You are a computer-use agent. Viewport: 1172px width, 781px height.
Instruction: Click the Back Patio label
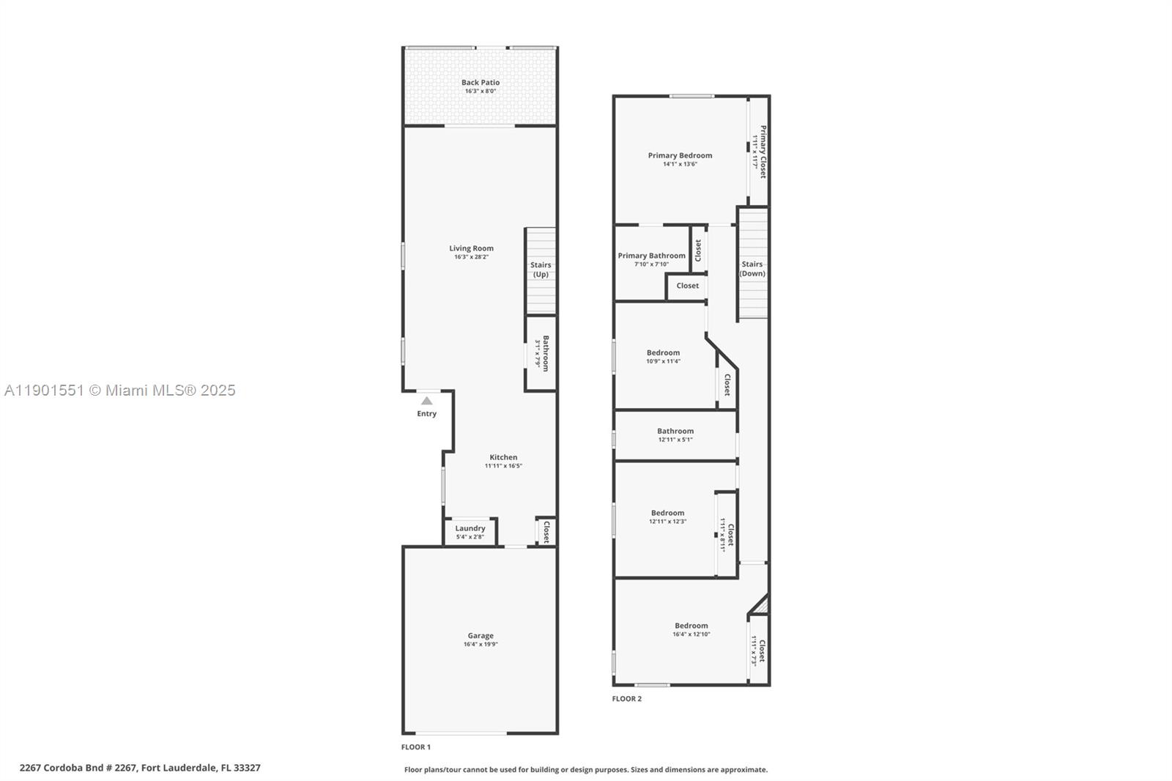click(x=481, y=83)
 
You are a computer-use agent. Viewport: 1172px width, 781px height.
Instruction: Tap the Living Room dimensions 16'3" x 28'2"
click(x=472, y=257)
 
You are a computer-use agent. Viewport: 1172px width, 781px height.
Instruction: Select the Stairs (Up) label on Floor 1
click(x=541, y=270)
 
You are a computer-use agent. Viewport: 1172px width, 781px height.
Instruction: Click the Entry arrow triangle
click(x=426, y=401)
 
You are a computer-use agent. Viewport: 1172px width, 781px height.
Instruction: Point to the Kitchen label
click(x=503, y=457)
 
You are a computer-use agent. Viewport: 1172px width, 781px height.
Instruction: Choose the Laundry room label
click(x=470, y=528)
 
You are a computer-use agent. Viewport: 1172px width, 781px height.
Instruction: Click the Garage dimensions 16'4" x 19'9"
click(x=481, y=645)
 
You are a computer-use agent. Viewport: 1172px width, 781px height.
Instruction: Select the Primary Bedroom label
click(x=680, y=155)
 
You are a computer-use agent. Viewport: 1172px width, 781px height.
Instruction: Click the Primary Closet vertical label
click(x=763, y=152)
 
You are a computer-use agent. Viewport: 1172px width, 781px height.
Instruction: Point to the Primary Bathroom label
click(x=651, y=256)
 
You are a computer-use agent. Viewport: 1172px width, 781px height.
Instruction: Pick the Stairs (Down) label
click(x=752, y=269)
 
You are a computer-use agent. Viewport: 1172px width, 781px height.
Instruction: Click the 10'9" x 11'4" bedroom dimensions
click(x=663, y=361)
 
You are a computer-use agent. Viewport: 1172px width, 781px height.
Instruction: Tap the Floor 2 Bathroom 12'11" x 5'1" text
click(x=675, y=440)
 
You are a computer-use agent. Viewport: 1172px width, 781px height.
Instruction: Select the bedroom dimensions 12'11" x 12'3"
click(x=667, y=522)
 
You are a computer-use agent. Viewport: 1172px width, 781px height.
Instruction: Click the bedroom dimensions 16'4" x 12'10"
click(x=691, y=634)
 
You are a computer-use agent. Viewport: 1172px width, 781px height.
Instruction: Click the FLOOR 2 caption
click(x=626, y=699)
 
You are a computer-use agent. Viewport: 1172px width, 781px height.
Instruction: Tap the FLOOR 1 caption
click(x=415, y=747)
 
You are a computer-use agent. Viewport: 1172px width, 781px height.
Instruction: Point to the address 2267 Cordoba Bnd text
click(x=140, y=768)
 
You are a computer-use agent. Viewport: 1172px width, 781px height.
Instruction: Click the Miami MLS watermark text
click(x=120, y=390)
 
